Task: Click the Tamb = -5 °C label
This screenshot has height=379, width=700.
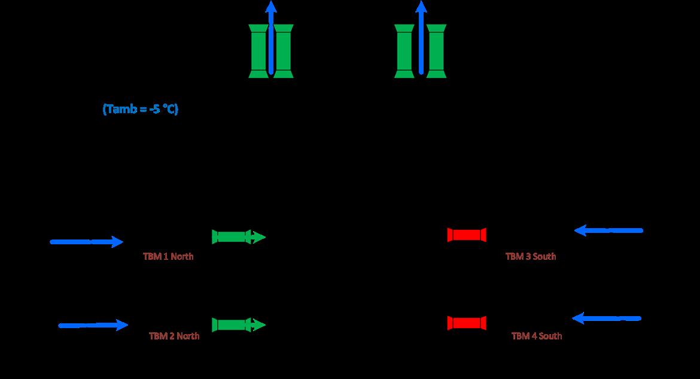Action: [141, 110]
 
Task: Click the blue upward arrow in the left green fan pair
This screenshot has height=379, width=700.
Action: [271, 36]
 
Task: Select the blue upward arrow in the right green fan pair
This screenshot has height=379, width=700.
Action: [421, 36]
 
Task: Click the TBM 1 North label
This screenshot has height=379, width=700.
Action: [168, 256]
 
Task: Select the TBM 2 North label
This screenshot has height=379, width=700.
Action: [174, 336]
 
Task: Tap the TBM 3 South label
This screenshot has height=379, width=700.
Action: [531, 256]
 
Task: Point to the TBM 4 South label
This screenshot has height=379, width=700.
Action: [537, 336]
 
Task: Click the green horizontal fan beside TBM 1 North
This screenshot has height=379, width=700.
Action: [232, 237]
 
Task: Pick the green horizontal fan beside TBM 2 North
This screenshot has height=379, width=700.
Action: [232, 325]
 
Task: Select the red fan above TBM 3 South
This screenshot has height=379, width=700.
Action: [467, 235]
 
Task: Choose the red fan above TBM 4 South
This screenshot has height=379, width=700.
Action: [467, 323]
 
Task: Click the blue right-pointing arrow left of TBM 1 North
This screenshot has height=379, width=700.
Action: [87, 242]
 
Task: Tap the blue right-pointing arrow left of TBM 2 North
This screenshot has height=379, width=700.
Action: [93, 325]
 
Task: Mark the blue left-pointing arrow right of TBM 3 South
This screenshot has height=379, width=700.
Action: [608, 230]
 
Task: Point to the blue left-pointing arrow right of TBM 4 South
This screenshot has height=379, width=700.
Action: [607, 319]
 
